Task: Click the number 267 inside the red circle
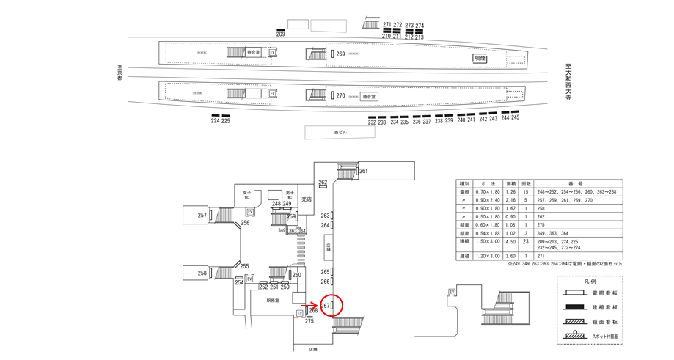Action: pos(324,305)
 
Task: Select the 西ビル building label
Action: pos(340,132)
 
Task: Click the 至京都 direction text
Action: pos(120,73)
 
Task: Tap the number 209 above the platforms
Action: pos(280,34)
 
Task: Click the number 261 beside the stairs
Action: pos(363,172)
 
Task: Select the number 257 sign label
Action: pos(202,216)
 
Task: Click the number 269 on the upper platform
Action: pos(340,54)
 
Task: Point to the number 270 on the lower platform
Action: pos(340,96)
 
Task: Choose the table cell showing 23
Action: pos(526,240)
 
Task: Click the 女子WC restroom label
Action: pos(246,196)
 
